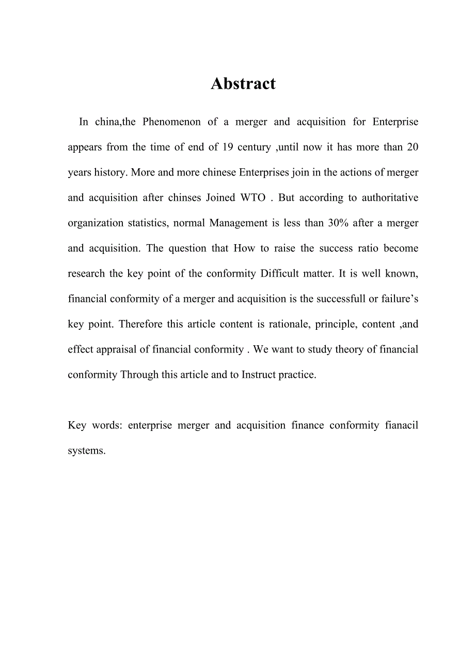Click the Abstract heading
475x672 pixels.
point(243,84)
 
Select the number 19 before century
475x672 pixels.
point(227,148)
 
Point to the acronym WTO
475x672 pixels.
point(253,198)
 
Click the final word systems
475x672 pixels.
point(86,451)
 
